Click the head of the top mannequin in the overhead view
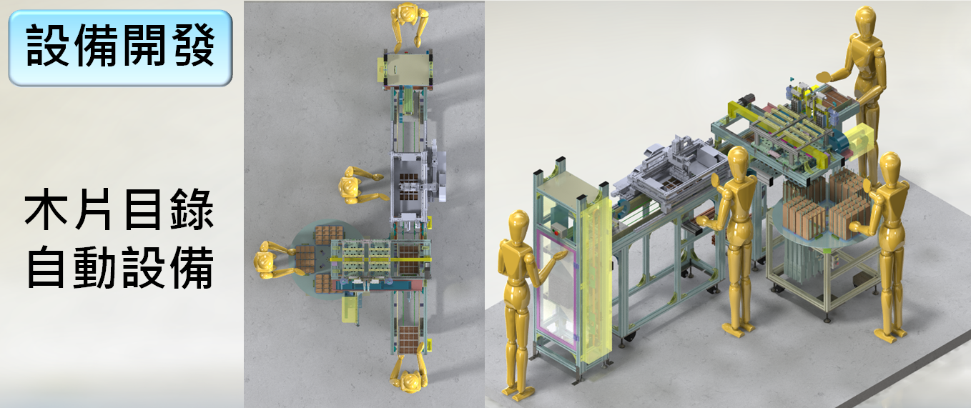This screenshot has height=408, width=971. [x=407, y=14]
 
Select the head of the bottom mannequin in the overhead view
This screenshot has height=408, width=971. [x=408, y=381]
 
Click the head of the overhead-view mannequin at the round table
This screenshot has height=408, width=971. [x=265, y=262]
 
